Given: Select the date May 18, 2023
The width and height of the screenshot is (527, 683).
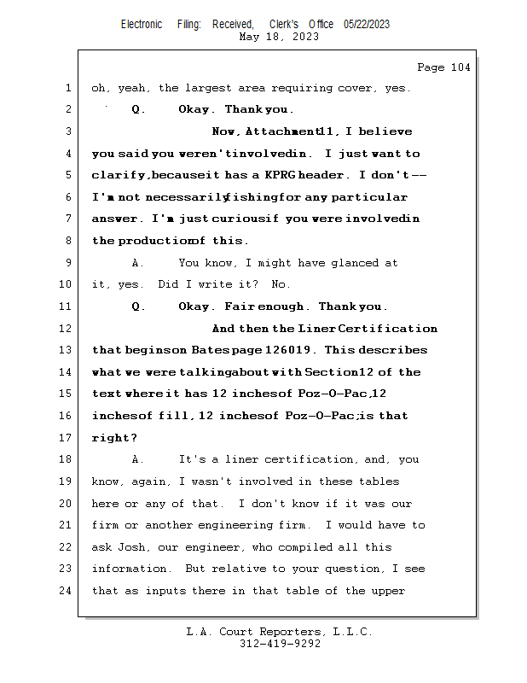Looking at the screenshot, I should click(x=280, y=37).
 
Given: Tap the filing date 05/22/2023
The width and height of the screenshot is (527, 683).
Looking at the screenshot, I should click(x=367, y=24).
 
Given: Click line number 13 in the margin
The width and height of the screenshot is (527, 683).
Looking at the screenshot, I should click(x=68, y=350).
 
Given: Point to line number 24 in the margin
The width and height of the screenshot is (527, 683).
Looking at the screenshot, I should click(x=68, y=591).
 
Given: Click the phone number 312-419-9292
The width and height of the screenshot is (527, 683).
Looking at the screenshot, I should click(x=280, y=644).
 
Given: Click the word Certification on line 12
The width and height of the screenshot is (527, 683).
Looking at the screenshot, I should click(x=400, y=329).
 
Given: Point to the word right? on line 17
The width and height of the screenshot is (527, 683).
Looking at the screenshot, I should click(x=114, y=438).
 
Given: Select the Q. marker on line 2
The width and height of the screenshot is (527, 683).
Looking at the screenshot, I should click(x=138, y=110).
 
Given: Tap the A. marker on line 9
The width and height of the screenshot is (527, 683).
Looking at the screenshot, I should click(x=138, y=263).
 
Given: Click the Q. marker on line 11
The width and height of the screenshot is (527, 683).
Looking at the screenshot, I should click(x=138, y=306).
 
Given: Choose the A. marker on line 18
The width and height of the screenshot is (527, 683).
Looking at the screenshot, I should click(x=138, y=459).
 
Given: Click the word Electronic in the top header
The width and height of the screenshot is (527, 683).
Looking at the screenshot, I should click(x=142, y=24).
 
